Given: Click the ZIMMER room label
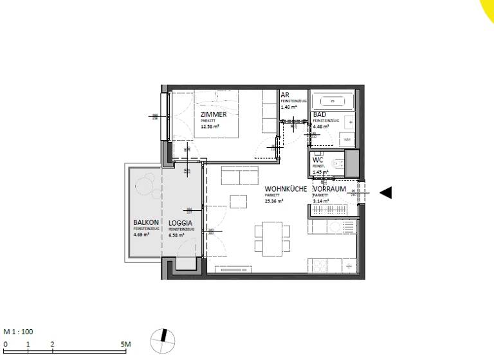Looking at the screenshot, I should [x=214, y=114].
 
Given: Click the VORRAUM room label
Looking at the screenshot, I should [x=329, y=190].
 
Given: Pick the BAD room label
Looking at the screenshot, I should [x=318, y=115].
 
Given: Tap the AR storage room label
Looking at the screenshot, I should [x=284, y=94].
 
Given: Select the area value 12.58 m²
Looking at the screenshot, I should [x=210, y=127].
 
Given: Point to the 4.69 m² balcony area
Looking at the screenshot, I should [x=142, y=235].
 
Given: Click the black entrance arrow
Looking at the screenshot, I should [x=385, y=192].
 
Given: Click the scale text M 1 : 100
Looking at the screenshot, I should [x=18, y=332].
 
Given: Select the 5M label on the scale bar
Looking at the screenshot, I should [x=125, y=345].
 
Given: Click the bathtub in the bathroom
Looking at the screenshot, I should [x=333, y=100].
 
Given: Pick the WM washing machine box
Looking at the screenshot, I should [x=347, y=139].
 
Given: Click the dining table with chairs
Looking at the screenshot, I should [x=268, y=237].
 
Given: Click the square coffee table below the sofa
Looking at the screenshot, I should [x=238, y=201].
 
